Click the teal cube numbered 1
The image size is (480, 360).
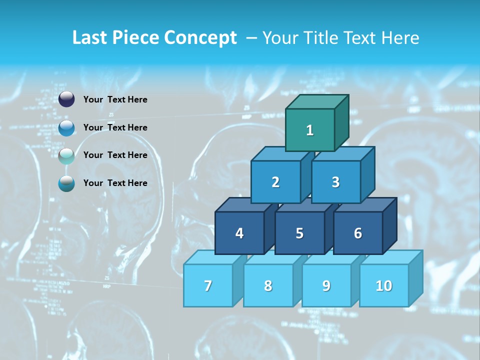[x=310, y=130]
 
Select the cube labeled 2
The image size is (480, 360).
[x=275, y=182]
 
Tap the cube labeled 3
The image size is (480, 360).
[x=335, y=182]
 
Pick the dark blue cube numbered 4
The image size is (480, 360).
[x=239, y=233]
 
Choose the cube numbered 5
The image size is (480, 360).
[x=299, y=233]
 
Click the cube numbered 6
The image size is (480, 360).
[x=358, y=233]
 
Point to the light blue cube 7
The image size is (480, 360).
[x=208, y=285]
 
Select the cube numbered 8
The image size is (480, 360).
[x=268, y=285]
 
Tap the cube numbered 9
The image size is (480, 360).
[x=326, y=285]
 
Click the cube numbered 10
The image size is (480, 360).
[x=384, y=285]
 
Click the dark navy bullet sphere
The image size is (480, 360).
[x=66, y=99]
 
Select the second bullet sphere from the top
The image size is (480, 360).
[x=66, y=127]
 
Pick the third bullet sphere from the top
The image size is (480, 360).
[x=66, y=155]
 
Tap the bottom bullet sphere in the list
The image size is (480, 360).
[x=66, y=183]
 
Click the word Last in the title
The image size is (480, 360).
[x=90, y=37]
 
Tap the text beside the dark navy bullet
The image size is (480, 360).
[x=115, y=99]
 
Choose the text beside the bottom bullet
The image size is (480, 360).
[x=115, y=183]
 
